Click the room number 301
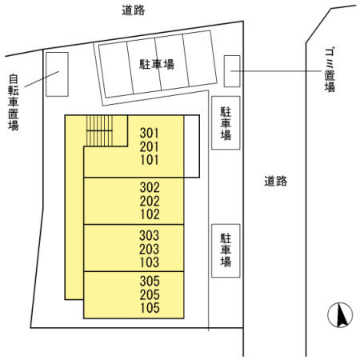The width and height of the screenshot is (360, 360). pos(150,133)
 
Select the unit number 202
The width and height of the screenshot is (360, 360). pos(150,201)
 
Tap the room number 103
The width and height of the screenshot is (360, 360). pos(150,262)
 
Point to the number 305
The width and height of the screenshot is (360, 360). pos(150,281)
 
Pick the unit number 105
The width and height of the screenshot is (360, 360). pos(150,308)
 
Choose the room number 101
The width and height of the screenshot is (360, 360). pos(150,160)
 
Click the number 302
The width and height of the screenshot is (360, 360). pos(150,188)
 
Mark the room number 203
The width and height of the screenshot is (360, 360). pos(150,249)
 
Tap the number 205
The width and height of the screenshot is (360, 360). pos(150,294)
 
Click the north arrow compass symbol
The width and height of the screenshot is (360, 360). pos(340,315)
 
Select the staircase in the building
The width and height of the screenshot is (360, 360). pos(99,130)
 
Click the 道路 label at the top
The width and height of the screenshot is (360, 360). pos(134,10)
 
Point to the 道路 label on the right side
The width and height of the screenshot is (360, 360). pos(276,181)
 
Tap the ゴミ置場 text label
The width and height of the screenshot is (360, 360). pos(330,70)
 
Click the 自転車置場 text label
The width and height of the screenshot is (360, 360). pos(14,102)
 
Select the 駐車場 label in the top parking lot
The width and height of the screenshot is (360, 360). pos(157,65)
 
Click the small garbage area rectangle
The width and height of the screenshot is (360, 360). pos(232,71)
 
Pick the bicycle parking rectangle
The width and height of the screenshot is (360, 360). pos(57,74)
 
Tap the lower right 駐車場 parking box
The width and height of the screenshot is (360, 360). pos(226,250)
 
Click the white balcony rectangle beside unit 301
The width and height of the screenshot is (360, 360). pos(192,146)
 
